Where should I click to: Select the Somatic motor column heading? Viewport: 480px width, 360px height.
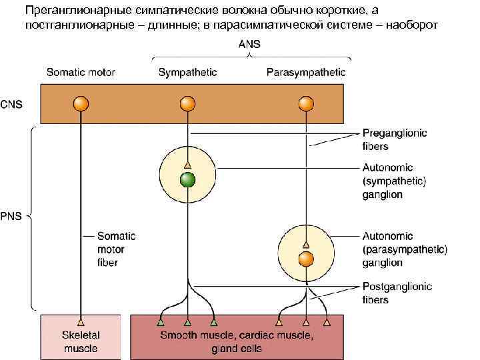[x=80, y=72]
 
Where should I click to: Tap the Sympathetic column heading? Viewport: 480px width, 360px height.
[x=187, y=72]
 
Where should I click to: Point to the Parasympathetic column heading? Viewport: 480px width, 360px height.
[x=305, y=72]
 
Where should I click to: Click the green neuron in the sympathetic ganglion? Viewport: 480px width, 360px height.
[x=188, y=179]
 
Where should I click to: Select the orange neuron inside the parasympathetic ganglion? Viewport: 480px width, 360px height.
[x=306, y=259]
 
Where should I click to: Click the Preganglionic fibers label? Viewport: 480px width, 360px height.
[x=395, y=139]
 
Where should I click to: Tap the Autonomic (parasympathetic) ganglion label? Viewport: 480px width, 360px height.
[x=405, y=249]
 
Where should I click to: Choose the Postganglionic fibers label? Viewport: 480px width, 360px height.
[x=397, y=293]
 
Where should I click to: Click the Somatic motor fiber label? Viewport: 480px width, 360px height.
[x=116, y=249]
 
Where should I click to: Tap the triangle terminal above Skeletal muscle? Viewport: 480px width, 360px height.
[x=80, y=321]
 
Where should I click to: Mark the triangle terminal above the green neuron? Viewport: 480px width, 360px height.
[x=188, y=164]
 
